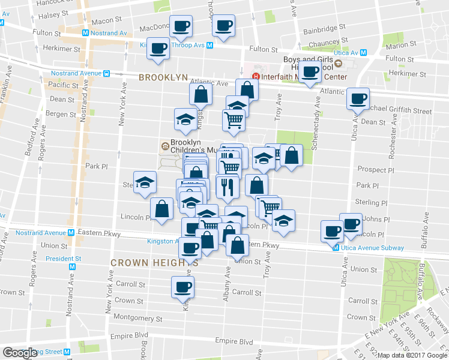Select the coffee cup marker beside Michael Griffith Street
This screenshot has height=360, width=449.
click(358, 98)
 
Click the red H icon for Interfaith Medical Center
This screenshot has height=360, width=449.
click(256, 76)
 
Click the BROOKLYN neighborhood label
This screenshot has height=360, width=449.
click(163, 77)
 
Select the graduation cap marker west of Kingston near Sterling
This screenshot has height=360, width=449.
click(144, 184)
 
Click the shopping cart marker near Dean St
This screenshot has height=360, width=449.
click(234, 119)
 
